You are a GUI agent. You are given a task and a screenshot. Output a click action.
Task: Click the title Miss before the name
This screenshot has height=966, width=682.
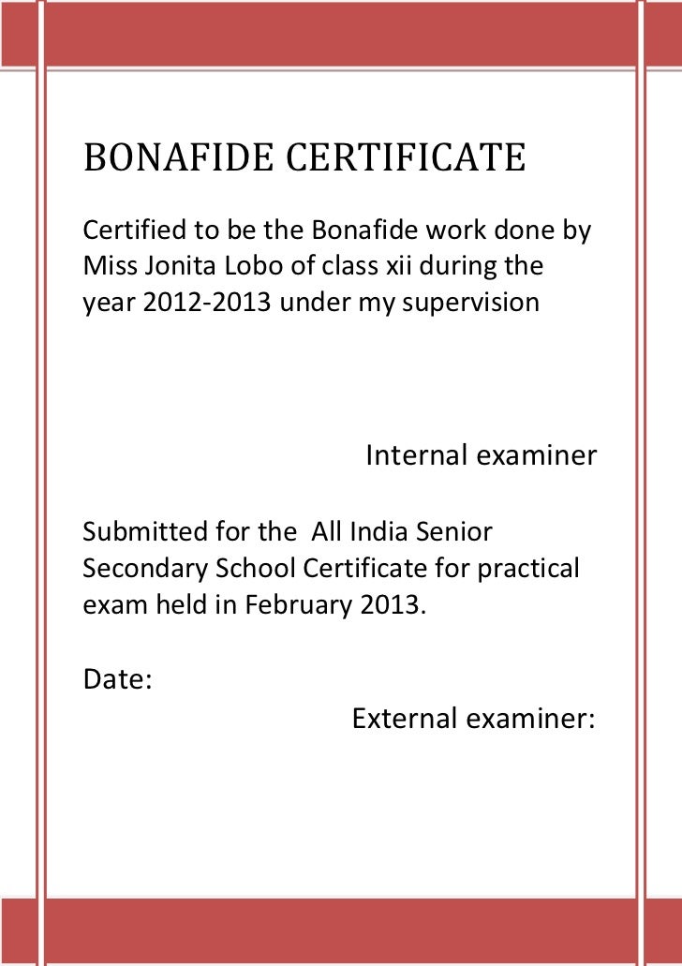click(106, 266)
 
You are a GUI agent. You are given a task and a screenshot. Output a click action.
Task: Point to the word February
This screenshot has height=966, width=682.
click(301, 604)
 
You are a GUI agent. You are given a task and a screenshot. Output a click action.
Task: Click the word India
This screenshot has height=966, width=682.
click(377, 531)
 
